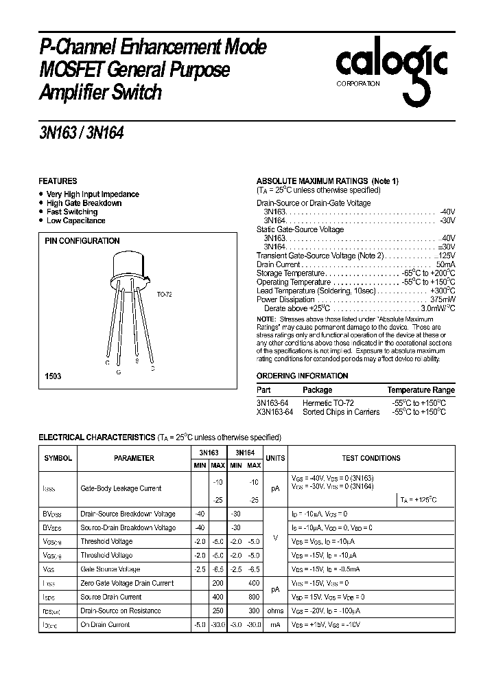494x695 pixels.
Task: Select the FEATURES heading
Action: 58,181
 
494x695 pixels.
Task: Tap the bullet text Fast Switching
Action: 72,212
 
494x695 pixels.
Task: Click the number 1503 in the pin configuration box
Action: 53,377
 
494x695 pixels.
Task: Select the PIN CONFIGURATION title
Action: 82,241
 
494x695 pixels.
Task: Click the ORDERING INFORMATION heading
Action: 302,376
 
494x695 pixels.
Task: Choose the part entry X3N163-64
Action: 274,412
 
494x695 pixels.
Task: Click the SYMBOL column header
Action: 58,459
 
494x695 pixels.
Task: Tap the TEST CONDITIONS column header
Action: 370,458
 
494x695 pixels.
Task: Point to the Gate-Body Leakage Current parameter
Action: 121,489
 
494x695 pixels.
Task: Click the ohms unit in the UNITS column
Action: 274,611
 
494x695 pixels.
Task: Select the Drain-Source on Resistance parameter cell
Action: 121,611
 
